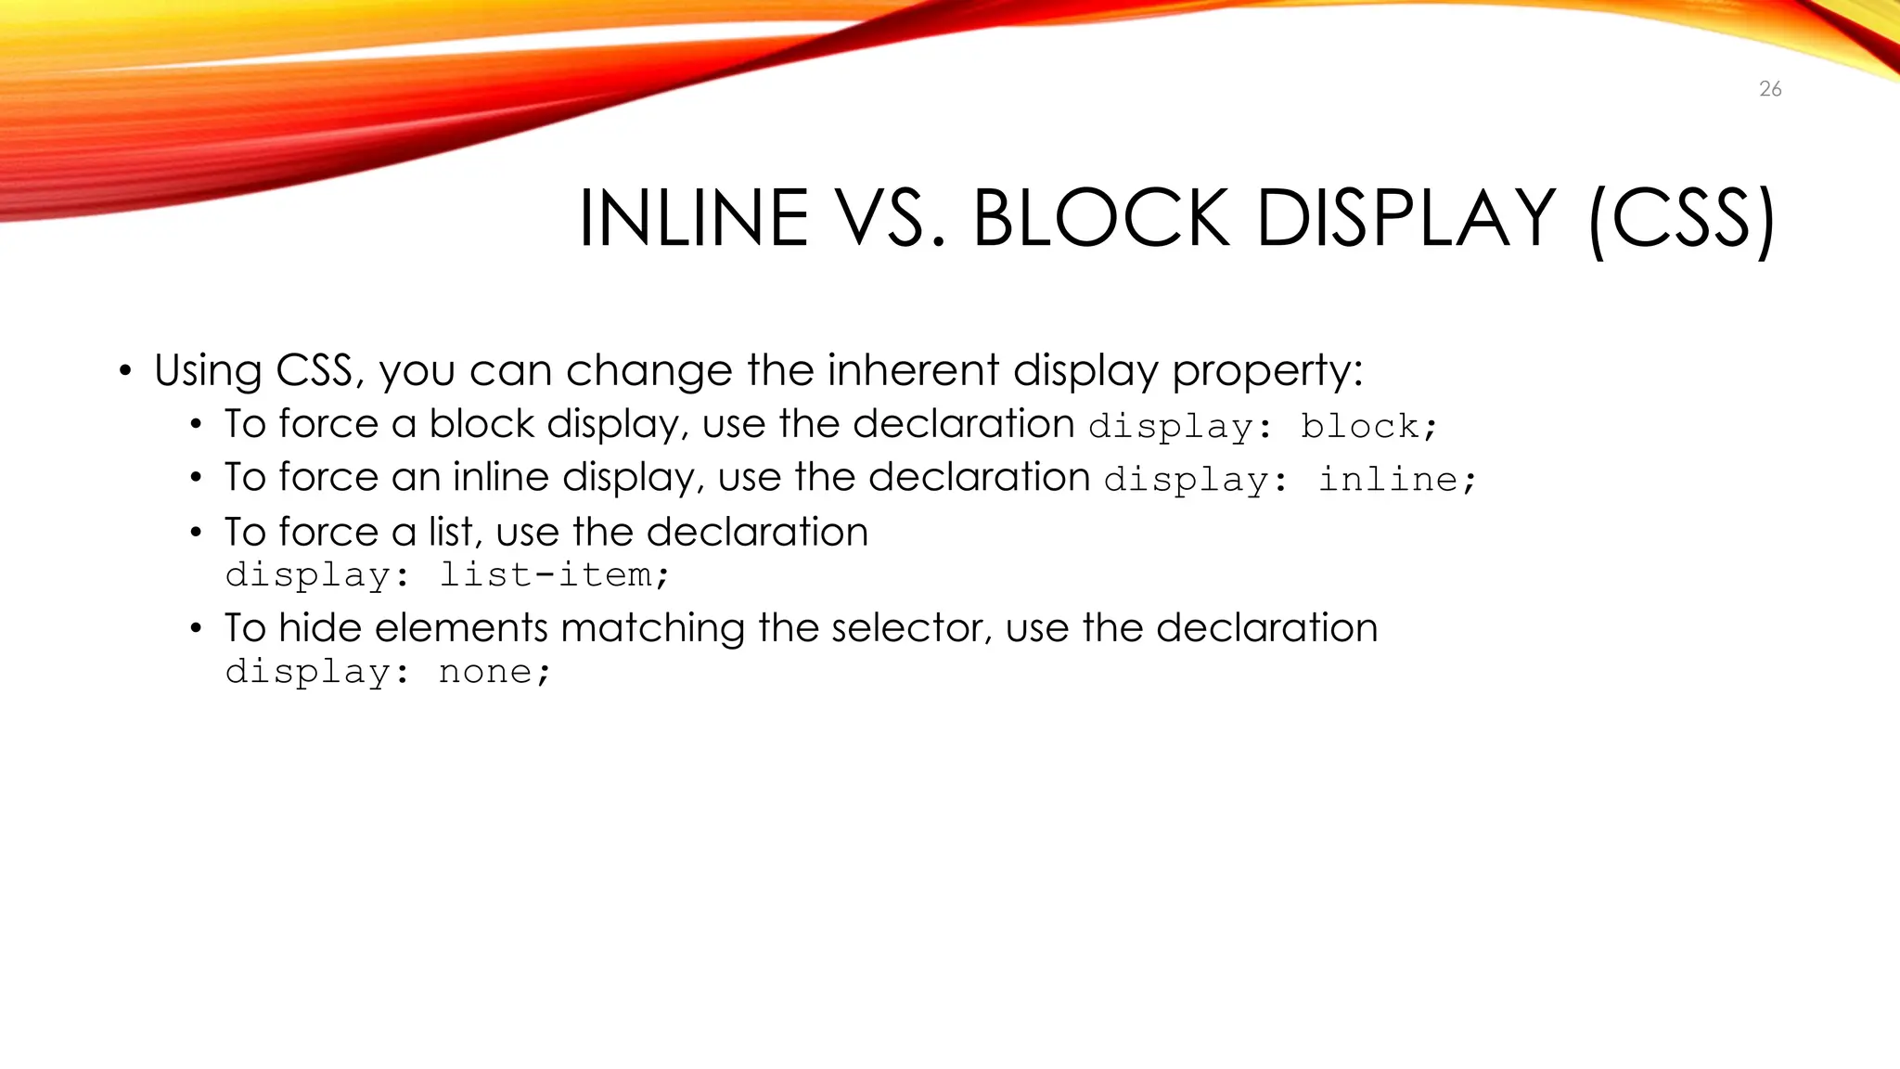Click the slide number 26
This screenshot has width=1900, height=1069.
(1770, 89)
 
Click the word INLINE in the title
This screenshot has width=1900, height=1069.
(693, 219)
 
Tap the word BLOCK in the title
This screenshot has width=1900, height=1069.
(1100, 219)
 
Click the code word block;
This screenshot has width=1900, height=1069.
(1368, 427)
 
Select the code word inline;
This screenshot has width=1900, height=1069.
(1396, 480)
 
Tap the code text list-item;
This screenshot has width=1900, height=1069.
(553, 575)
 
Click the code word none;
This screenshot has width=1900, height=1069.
(494, 672)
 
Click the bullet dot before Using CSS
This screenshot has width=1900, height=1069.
(125, 372)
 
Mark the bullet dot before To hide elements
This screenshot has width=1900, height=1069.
(195, 629)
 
